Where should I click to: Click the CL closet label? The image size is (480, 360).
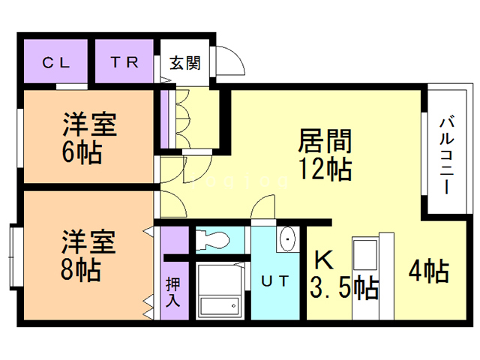tap(55, 63)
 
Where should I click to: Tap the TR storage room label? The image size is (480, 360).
tap(125, 63)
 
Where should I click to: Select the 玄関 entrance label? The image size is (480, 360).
tap(184, 63)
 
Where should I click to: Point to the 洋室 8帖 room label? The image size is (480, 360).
tap(88, 256)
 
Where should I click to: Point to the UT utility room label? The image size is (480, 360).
tap(274, 281)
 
